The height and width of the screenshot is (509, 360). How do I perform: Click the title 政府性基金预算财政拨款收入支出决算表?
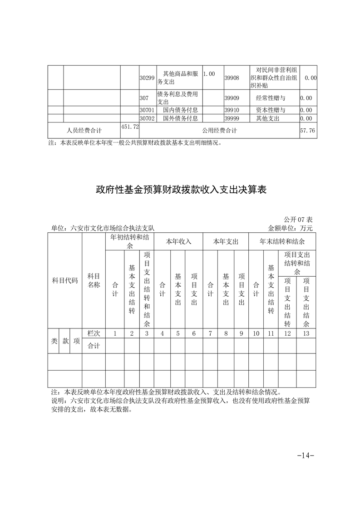(180, 190)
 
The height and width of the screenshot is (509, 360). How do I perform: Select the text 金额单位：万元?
(291, 228)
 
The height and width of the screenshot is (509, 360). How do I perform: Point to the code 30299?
(147, 78)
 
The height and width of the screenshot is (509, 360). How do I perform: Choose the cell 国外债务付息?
(179, 118)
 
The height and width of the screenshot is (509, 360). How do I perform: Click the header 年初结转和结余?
(129, 241)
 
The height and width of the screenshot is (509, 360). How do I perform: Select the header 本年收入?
(178, 241)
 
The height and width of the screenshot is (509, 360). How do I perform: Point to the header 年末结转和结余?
(282, 241)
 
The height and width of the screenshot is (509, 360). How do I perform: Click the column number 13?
(306, 333)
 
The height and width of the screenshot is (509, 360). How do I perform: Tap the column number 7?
(210, 333)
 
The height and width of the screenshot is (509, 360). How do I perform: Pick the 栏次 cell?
(94, 333)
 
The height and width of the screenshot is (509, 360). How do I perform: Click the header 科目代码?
(64, 280)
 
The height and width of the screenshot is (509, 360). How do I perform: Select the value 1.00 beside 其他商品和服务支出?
(209, 73)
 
